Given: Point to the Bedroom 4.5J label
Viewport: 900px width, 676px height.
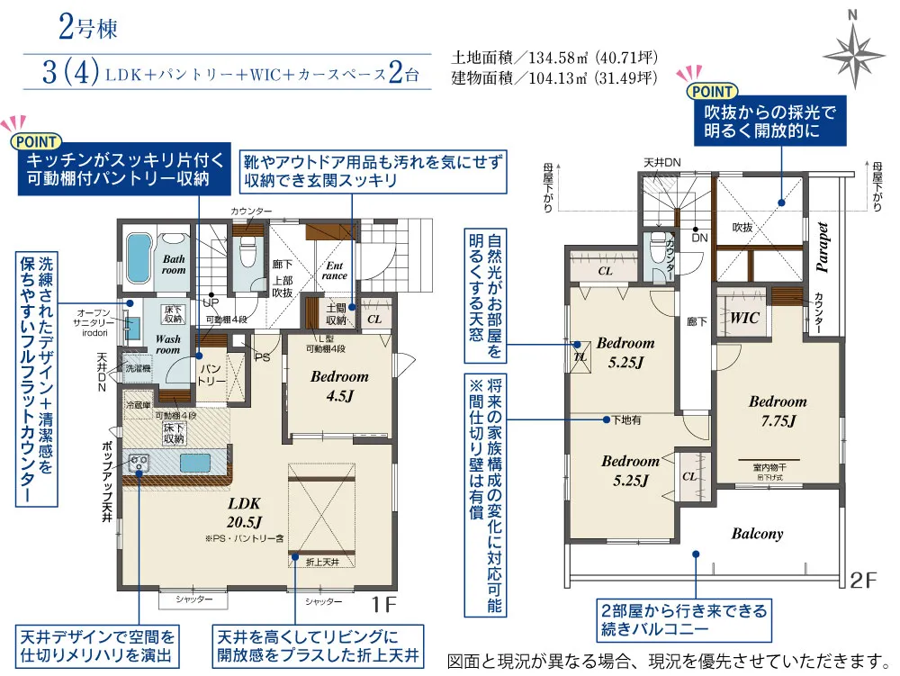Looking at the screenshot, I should click(x=339, y=385).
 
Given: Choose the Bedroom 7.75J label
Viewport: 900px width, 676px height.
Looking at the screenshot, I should click(x=778, y=410).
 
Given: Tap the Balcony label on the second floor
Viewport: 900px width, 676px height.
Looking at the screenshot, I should click(x=757, y=534).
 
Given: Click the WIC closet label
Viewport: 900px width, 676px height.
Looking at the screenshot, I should click(x=744, y=318).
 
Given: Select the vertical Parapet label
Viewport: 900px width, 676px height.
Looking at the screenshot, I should click(x=822, y=243).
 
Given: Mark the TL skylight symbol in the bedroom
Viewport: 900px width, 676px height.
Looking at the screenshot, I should click(x=580, y=354).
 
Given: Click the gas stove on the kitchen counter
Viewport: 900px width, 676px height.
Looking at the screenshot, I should click(x=139, y=463).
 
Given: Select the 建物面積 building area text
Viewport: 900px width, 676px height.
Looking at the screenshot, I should click(x=554, y=78).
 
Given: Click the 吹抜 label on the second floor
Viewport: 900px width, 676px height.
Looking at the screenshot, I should click(x=742, y=227).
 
